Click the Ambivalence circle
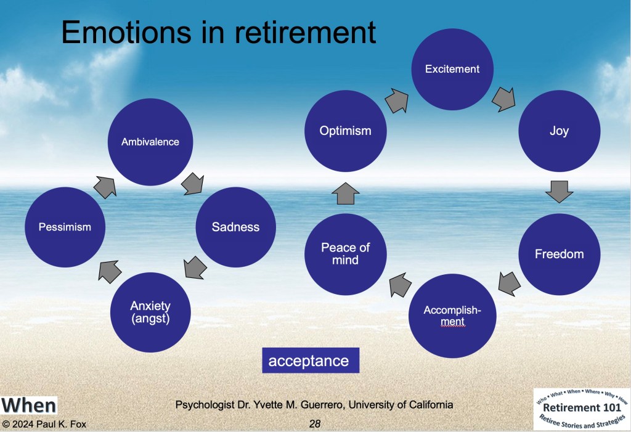[150, 142]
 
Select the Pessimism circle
[65, 227]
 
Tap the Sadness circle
[236, 227]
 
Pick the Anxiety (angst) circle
[150, 312]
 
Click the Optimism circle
[345, 131]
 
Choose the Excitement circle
[452, 69]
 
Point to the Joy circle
[560, 131]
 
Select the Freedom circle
[560, 254]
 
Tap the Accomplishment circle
[452, 316]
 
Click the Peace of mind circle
[345, 254]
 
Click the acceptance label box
[311, 361]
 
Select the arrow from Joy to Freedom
[560, 192]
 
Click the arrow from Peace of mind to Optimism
[345, 194]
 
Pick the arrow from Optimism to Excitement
[397, 100]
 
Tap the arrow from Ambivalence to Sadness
[193, 184]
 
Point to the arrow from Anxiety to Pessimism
[110, 271]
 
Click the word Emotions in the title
[126, 32]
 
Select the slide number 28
[315, 423]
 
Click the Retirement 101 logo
[582, 409]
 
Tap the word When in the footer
[28, 406]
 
